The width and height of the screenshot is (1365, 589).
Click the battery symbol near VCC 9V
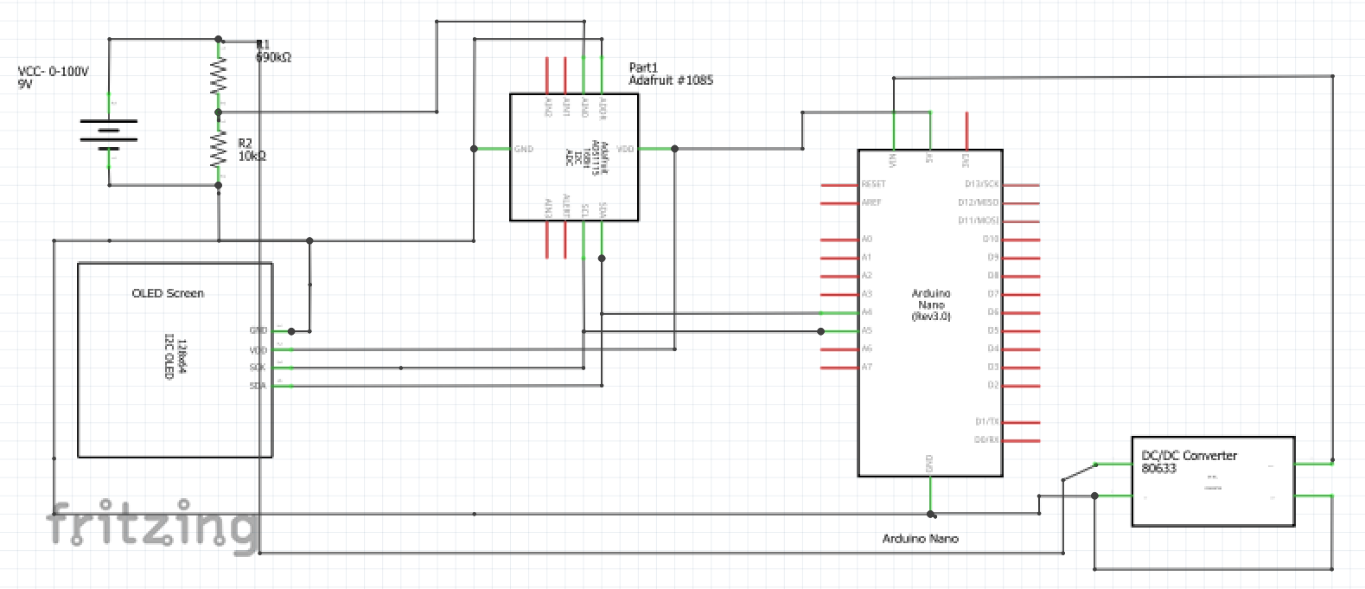[109, 135]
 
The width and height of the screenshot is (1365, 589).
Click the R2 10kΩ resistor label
[252, 150]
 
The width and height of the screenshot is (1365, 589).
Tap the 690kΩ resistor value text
[273, 57]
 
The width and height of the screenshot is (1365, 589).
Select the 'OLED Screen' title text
[168, 293]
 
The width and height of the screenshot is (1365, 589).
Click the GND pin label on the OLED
[258, 330]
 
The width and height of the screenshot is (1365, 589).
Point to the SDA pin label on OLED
[258, 386]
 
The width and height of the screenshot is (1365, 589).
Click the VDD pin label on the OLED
[258, 350]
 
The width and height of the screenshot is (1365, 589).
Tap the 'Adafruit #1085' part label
[670, 80]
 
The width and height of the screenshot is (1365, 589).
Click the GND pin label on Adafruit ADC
[524, 149]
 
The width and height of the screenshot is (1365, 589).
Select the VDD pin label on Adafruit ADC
[625, 149]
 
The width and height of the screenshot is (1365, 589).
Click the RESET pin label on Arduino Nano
[873, 184]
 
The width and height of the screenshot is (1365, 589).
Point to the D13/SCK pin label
[981, 184]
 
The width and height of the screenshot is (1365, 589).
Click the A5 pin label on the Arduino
[866, 330]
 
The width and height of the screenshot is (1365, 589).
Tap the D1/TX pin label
[986, 422]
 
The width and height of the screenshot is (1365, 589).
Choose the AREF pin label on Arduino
[871, 202]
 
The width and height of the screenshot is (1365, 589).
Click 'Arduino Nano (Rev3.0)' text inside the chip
[930, 305]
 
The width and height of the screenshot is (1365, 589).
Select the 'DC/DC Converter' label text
[1189, 455]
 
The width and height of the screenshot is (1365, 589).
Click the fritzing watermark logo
[152, 524]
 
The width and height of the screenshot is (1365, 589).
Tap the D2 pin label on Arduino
[992, 385]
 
